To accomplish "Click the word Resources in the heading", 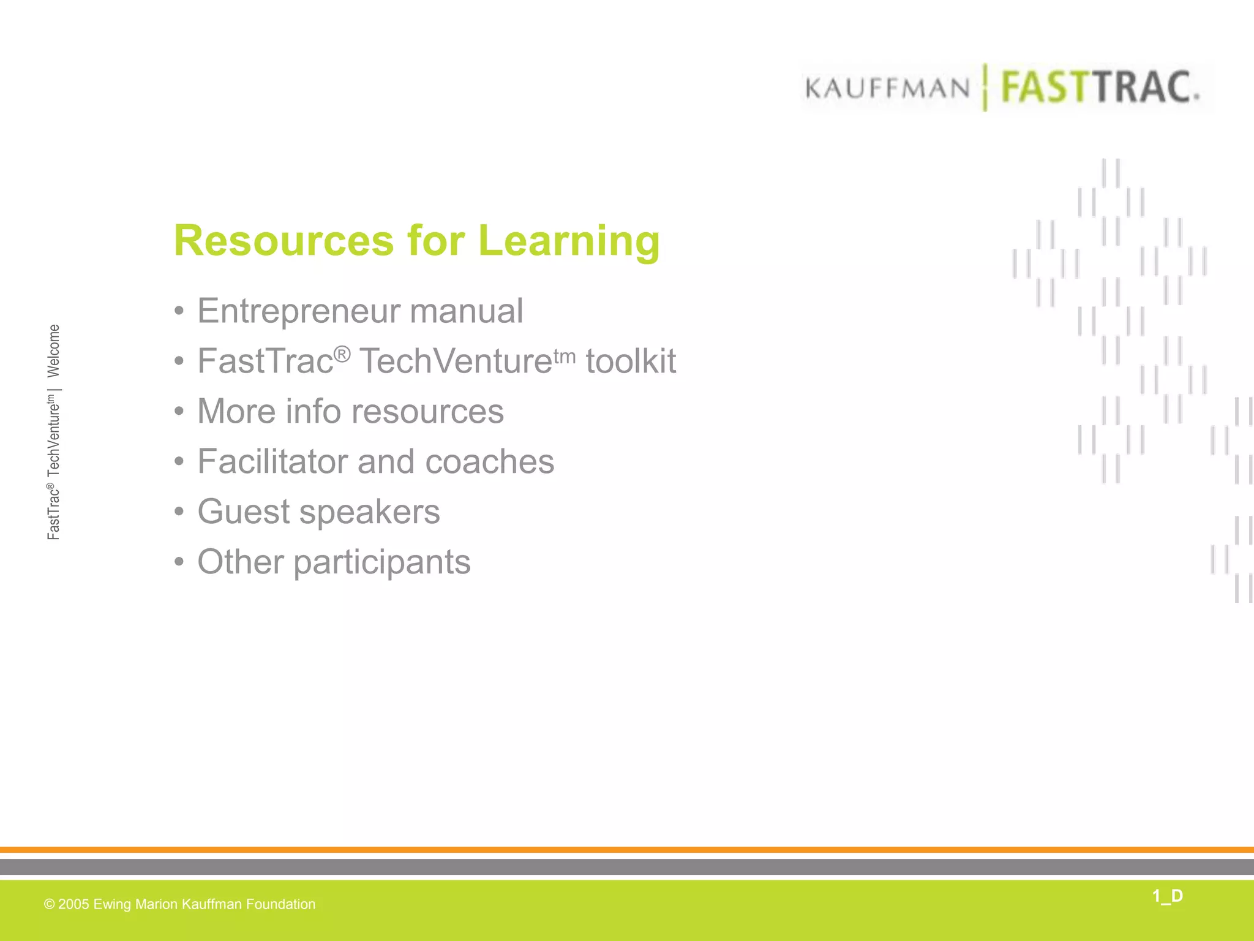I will click(x=283, y=240).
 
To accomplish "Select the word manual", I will click(x=466, y=311).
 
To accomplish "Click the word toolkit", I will click(x=631, y=361).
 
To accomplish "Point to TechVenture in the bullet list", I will click(x=456, y=361).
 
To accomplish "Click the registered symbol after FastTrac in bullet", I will click(x=342, y=353).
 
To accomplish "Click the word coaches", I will click(x=489, y=462).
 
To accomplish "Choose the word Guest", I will click(x=243, y=512).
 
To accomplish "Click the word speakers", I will click(x=369, y=513).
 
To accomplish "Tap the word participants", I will click(x=382, y=563).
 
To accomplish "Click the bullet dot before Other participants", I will click(x=179, y=562).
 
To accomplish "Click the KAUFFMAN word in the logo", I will click(x=888, y=89).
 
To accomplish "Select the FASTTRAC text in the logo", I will click(x=1100, y=87).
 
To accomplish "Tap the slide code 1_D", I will click(x=1167, y=896).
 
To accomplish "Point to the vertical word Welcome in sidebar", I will click(x=54, y=350).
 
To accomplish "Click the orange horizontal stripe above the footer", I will click(x=627, y=850).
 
